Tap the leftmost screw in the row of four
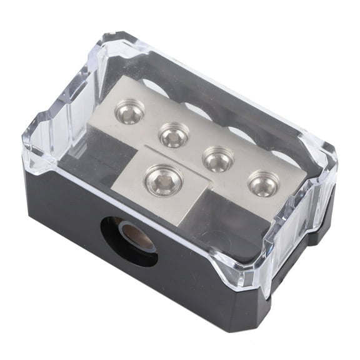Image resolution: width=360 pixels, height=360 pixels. (129, 112)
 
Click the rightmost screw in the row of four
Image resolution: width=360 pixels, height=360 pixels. (262, 182)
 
